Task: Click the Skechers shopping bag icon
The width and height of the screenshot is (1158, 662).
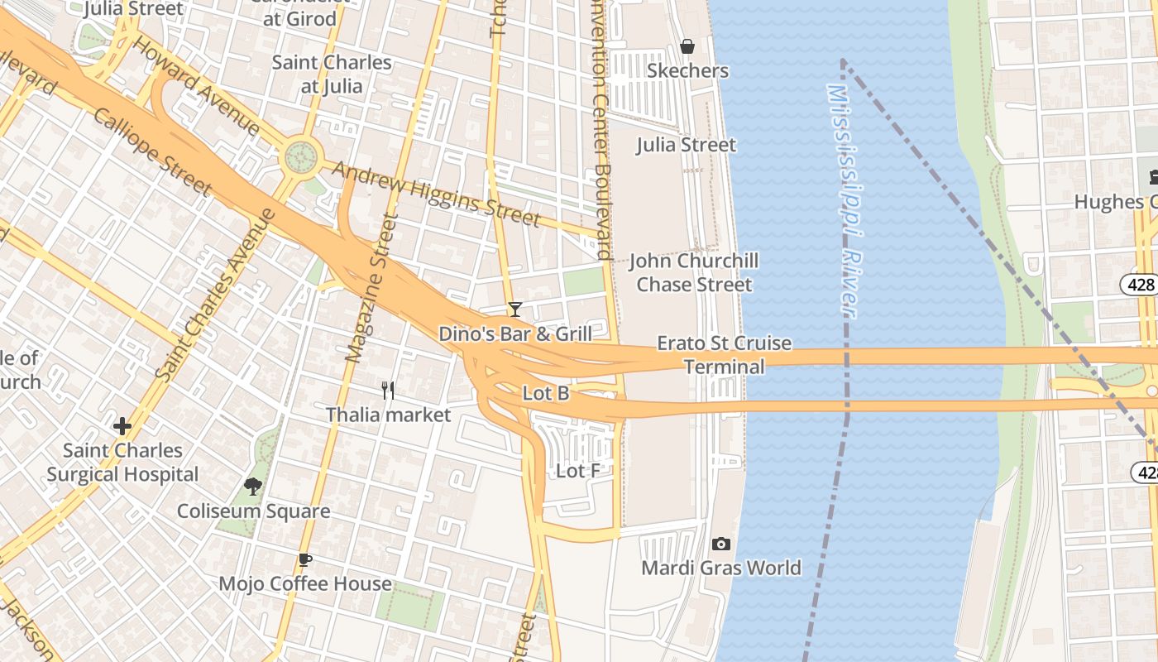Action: (x=687, y=46)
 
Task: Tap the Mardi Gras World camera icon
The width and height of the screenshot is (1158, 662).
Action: (x=721, y=544)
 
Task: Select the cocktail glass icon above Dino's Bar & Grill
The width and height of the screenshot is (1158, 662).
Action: (x=515, y=309)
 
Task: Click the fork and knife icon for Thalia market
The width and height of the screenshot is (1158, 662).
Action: (x=387, y=390)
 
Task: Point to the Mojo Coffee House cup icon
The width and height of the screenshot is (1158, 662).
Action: (x=305, y=559)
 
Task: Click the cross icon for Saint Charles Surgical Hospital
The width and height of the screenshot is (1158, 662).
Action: (x=122, y=426)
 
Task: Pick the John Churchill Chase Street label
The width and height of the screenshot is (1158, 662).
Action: (x=693, y=272)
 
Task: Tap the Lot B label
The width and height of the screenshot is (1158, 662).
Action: (x=546, y=394)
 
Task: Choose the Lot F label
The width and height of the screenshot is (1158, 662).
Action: (x=578, y=472)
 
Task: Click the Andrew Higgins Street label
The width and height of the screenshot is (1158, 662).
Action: (x=436, y=193)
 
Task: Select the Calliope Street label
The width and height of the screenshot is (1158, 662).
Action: (x=152, y=151)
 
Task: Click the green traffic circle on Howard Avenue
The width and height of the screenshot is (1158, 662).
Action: (x=301, y=155)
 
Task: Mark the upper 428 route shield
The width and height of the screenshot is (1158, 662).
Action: (x=1140, y=285)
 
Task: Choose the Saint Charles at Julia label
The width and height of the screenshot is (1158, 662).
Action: (x=332, y=74)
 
